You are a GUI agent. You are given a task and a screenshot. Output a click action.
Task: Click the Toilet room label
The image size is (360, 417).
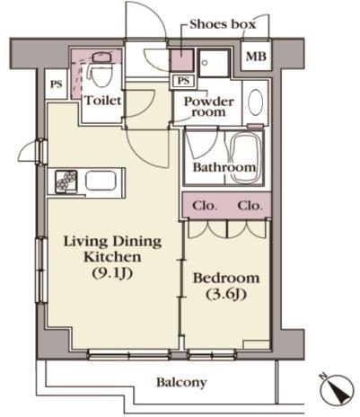[x=103, y=100]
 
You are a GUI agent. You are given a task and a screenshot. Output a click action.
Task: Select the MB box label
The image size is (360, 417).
[x=256, y=56]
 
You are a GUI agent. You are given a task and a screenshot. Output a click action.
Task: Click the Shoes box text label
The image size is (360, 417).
[x=223, y=24]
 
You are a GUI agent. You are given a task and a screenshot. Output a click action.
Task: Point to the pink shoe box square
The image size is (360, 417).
[x=181, y=59]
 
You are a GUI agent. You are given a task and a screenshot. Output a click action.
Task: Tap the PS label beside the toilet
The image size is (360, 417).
[x=56, y=84]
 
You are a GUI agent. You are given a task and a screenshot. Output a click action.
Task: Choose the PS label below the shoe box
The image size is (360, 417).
[x=183, y=81]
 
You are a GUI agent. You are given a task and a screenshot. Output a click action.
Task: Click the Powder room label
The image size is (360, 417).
[x=208, y=106]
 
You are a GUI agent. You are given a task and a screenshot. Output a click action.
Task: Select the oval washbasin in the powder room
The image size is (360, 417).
[x=255, y=102]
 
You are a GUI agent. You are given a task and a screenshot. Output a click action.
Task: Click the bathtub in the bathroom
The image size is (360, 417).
[x=245, y=157]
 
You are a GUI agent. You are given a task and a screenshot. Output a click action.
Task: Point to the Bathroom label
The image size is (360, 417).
[x=224, y=167]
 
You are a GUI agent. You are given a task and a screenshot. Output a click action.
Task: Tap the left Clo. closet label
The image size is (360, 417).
[x=205, y=206]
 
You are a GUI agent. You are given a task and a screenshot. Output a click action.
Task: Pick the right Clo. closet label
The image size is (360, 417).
[x=250, y=206]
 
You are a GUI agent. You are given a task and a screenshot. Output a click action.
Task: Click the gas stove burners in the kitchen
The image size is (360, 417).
[x=66, y=182]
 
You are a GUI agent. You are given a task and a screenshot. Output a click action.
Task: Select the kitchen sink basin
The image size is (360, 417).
[x=101, y=181]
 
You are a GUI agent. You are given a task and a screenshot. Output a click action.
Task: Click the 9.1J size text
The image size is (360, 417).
[x=112, y=273]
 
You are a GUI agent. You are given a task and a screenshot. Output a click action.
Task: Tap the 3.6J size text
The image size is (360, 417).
[x=226, y=295]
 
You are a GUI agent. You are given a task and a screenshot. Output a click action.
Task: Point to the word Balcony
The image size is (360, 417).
[x=181, y=383]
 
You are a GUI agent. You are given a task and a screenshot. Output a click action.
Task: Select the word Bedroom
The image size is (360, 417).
[x=226, y=278]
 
